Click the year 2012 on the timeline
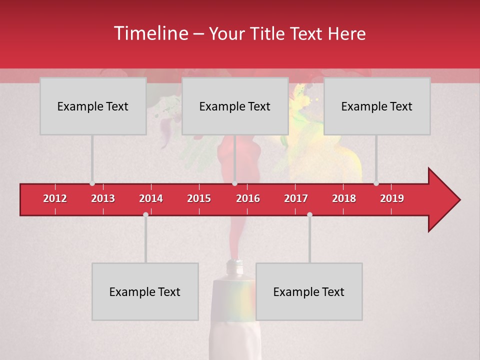(55, 198)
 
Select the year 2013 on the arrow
(103, 198)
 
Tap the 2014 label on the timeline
(151, 198)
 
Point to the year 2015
(199, 198)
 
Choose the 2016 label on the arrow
(248, 198)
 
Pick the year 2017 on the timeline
(296, 198)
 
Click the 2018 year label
(344, 198)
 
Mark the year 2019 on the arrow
(392, 198)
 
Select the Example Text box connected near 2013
(93, 106)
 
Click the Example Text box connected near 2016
(235, 106)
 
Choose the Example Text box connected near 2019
(377, 106)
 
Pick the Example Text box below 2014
(145, 291)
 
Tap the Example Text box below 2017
(309, 291)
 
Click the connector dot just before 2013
(92, 183)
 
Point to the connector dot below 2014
(145, 214)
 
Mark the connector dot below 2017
(309, 214)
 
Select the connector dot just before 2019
(376, 183)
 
